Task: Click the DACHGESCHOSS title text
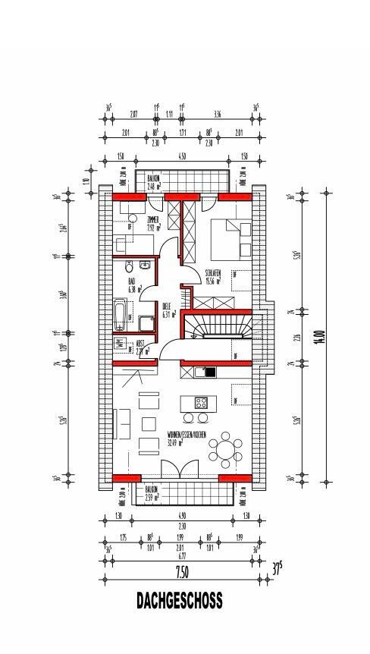[x=180, y=601]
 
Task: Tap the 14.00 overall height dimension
[x=321, y=336]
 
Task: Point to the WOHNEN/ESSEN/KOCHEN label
[x=186, y=437]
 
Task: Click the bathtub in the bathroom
[x=120, y=315]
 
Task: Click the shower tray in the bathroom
[x=143, y=324]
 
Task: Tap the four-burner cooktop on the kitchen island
[x=202, y=402]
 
